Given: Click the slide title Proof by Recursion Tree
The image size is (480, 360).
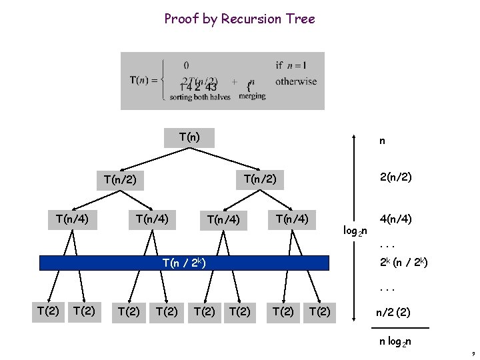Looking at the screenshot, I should tap(239, 19).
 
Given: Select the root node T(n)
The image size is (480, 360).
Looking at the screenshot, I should tap(189, 138).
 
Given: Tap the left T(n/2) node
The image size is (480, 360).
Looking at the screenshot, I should tap(120, 179).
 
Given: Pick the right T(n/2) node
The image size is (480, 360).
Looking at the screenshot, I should tap(260, 179).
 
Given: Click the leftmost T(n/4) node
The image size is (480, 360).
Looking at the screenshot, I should tap(72, 218).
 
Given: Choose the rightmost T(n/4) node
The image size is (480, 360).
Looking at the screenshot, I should tap(292, 218).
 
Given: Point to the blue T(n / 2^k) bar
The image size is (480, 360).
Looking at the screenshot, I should tap(185, 263).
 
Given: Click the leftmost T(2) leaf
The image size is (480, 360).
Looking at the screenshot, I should tap(47, 310).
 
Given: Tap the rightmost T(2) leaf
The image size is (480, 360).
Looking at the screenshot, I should tap(320, 311).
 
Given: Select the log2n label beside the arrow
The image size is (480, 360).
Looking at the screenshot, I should tap(354, 231).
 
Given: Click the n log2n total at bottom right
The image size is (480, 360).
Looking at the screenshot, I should tap(395, 342).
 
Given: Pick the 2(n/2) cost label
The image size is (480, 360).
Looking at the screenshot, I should tap(395, 178).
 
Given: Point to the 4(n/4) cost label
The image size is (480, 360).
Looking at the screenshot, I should tap(395, 218).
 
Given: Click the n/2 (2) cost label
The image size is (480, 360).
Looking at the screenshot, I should tap(393, 311).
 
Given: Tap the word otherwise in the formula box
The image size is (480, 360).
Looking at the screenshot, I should tap(296, 81).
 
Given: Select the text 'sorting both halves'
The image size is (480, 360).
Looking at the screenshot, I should tap(199, 97).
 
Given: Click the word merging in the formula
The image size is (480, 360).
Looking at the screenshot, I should tap(251, 96).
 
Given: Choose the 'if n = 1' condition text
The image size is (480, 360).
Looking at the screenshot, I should tap(290, 65).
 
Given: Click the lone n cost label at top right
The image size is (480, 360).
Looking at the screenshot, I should tap(382, 141).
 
